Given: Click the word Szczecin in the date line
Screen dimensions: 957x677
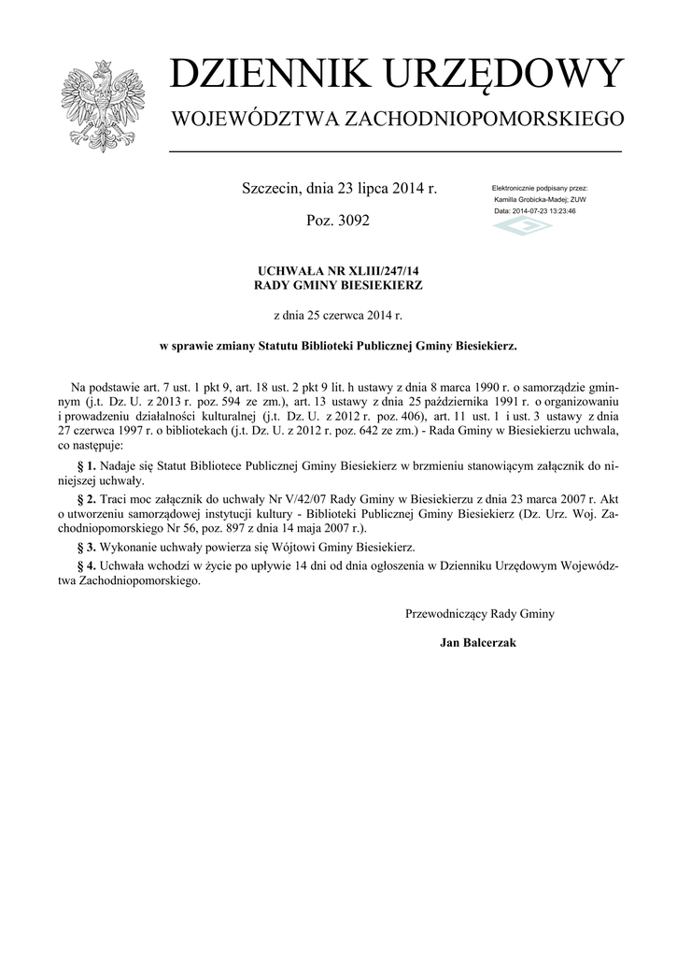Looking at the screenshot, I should tap(271, 189).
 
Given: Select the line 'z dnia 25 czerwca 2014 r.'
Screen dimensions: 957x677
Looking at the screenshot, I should tap(338, 316).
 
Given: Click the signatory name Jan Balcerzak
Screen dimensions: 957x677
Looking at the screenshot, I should tap(478, 643).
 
